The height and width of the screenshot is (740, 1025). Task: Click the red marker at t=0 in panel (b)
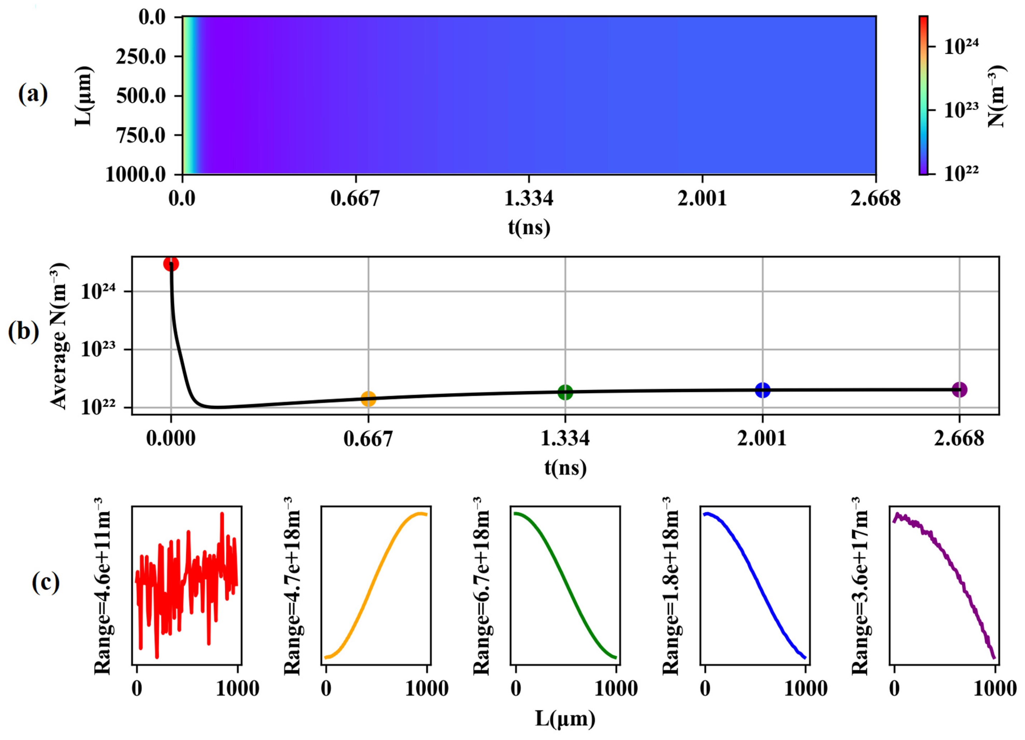(x=171, y=264)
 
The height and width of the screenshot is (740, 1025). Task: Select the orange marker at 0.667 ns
(x=368, y=399)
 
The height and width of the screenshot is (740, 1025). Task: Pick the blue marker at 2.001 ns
(x=762, y=389)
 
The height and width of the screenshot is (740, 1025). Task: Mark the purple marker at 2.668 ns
(x=960, y=389)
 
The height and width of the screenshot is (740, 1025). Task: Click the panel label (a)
(x=33, y=95)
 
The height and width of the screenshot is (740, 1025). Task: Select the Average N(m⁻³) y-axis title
(x=59, y=336)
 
